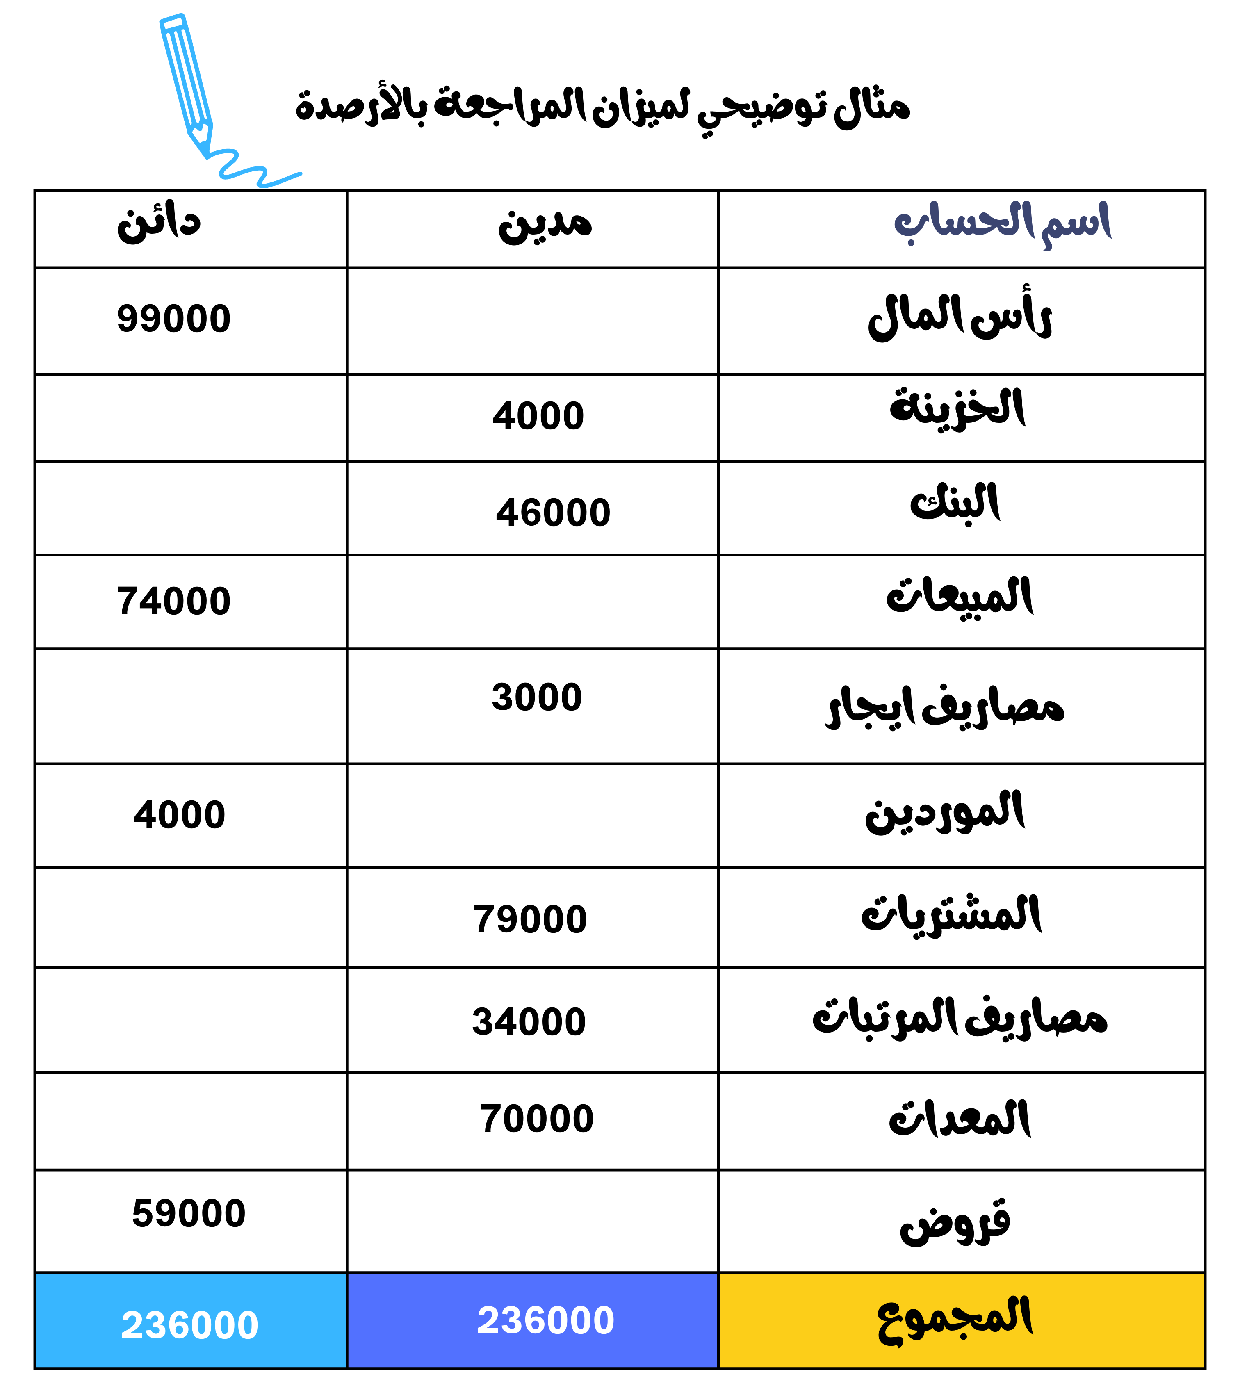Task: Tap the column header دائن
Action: [x=159, y=224]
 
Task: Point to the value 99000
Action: [x=174, y=319]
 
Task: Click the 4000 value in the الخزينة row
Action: [x=538, y=416]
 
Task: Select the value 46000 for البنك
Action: [x=553, y=513]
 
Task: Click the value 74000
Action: [x=174, y=601]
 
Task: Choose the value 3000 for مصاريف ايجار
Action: [x=537, y=697]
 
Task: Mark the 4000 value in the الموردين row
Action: [x=180, y=815]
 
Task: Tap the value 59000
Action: [x=189, y=1213]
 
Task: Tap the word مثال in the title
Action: [x=873, y=107]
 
